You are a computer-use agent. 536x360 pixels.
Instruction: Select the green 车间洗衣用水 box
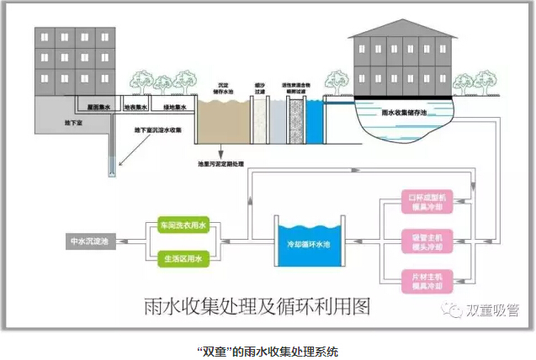pyautogui.click(x=183, y=225)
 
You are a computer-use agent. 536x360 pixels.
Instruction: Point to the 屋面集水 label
pyautogui.click(x=100, y=108)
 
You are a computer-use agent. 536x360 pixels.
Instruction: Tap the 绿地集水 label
pyautogui.click(x=172, y=108)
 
